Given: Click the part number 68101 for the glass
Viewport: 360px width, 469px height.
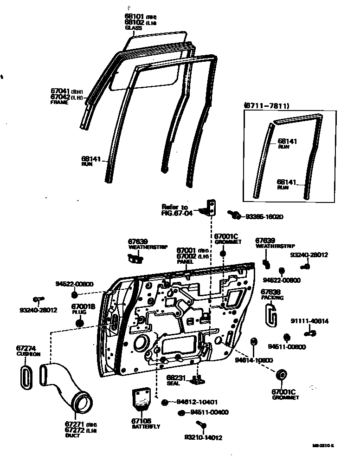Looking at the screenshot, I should point(134,17).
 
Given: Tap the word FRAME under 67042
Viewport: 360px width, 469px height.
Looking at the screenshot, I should point(59,103).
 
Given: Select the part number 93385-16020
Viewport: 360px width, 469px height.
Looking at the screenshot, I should point(264,216).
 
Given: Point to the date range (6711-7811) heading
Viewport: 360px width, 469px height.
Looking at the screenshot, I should point(266,106).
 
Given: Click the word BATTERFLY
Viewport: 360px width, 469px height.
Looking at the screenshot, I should point(146,427).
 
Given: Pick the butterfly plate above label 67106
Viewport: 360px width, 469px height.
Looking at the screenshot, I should point(142,399).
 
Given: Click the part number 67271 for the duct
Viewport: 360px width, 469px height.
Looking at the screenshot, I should point(75,425).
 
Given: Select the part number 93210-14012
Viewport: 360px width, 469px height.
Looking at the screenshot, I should point(203,437).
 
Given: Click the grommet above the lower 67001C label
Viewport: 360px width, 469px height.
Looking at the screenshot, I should point(281,375).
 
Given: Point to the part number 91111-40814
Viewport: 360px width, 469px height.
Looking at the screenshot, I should point(309,321).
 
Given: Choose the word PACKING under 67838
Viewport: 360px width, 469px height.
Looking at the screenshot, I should point(272,298).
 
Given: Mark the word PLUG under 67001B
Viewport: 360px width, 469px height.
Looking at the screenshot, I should point(79,313).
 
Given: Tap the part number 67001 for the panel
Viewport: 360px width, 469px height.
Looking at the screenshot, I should point(186,250).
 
